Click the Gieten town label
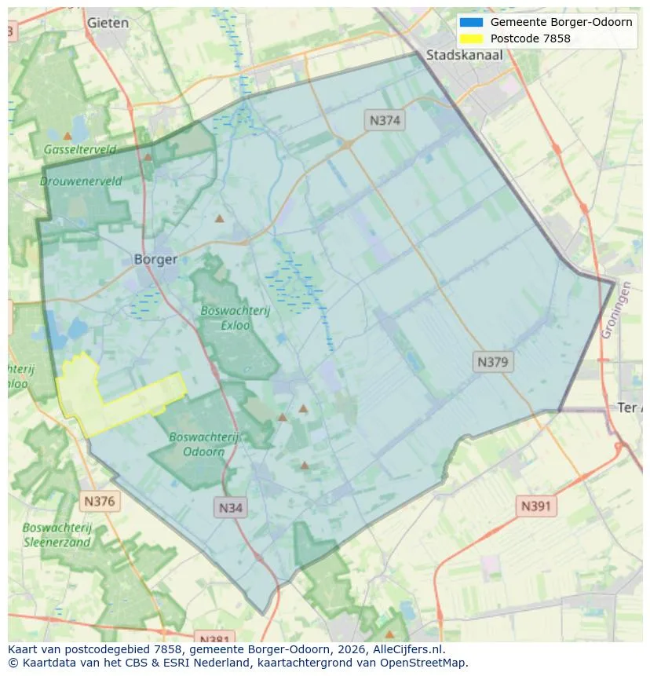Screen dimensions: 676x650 108,23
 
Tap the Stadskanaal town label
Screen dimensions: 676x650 464,55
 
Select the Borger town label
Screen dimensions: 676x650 155,259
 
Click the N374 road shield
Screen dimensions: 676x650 384,120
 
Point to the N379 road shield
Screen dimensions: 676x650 493,362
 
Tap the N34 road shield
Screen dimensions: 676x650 230,507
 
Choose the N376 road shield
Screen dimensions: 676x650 99,501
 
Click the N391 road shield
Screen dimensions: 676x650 535,506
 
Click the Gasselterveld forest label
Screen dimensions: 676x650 79,149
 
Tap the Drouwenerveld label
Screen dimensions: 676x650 81,181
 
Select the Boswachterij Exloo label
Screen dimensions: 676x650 235,317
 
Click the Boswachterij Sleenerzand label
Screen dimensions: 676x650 57,535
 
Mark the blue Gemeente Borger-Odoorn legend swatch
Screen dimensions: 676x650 471,22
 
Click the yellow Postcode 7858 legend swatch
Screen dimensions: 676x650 471,38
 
